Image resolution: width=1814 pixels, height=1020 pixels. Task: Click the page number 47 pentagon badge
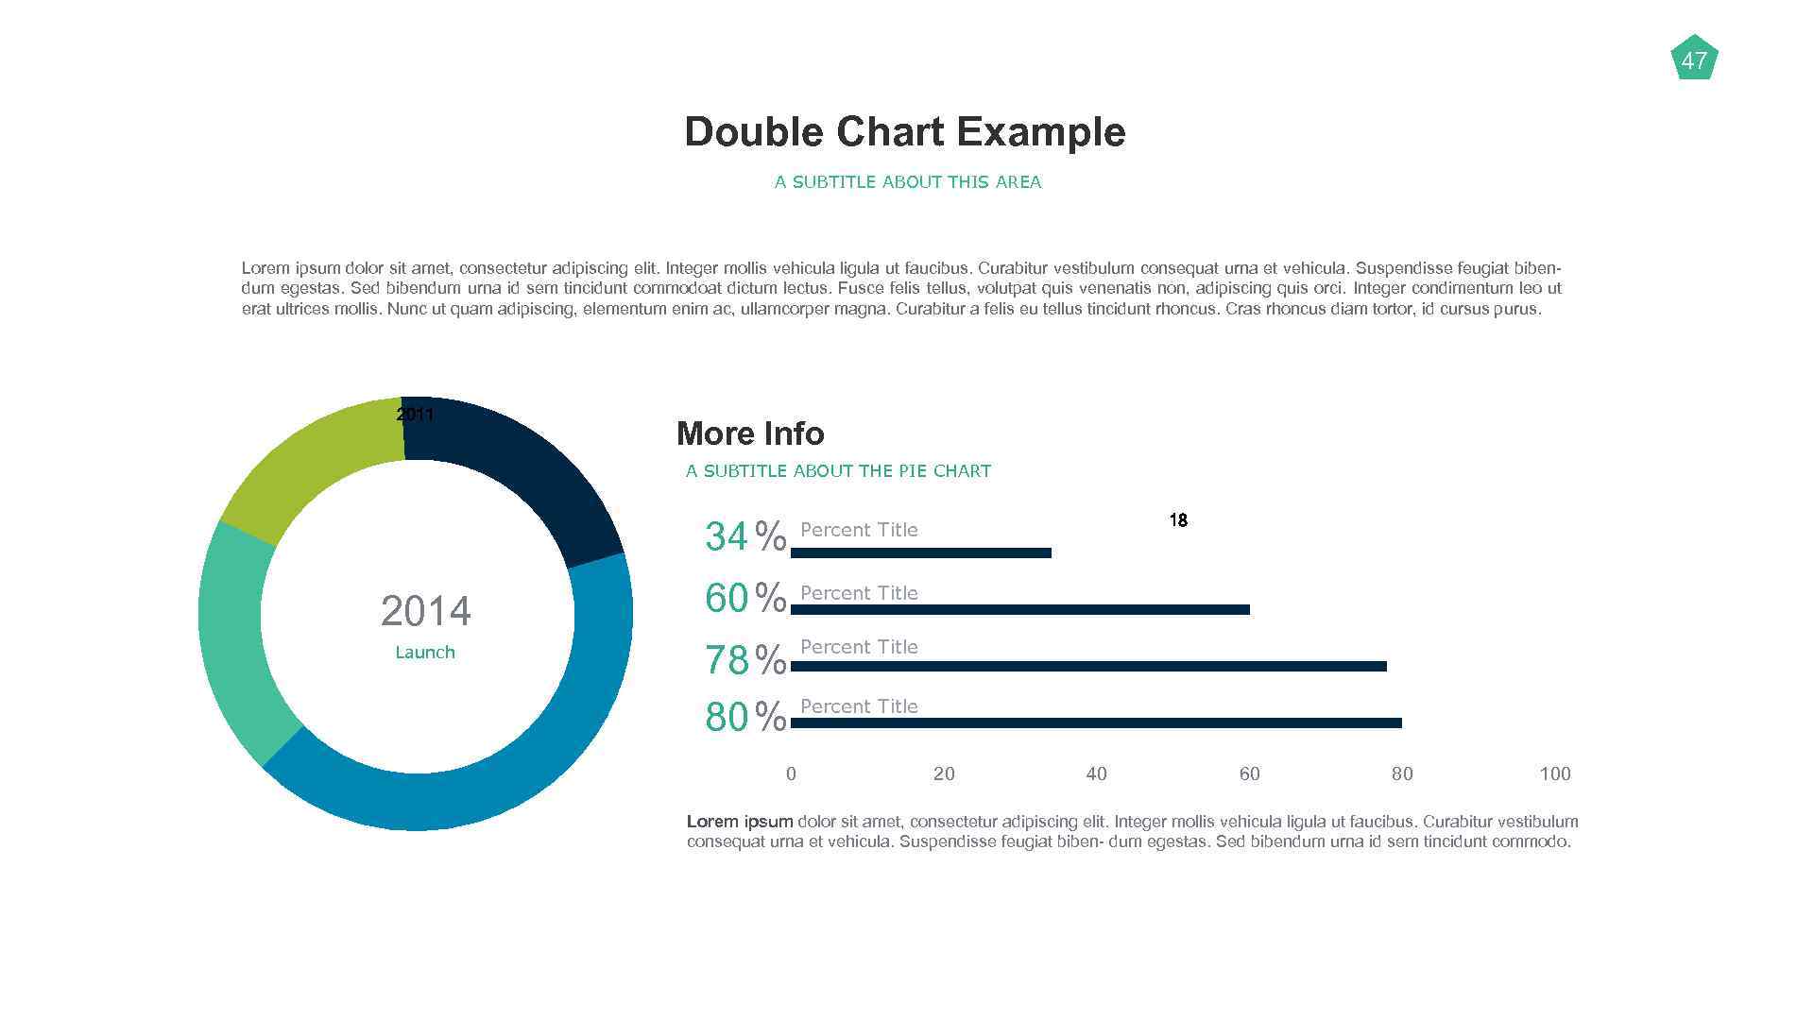(1694, 59)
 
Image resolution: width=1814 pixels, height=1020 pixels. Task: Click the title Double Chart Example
(904, 131)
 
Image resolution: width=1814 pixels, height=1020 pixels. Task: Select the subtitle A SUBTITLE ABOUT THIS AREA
(907, 181)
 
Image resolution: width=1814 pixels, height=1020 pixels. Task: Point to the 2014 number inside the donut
(425, 611)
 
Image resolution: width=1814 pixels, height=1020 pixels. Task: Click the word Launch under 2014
(425, 653)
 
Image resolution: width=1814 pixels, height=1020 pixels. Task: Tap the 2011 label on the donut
(415, 414)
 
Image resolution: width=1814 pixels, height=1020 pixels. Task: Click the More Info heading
(750, 433)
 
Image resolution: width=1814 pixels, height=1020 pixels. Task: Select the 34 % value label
(744, 536)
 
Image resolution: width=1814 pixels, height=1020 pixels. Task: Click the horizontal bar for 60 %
(1019, 609)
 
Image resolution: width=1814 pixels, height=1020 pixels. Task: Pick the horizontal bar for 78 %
(1087, 666)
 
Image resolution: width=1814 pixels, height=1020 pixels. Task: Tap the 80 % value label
(744, 717)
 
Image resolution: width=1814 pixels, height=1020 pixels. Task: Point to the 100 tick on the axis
(1554, 773)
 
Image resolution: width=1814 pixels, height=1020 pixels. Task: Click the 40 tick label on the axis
(1096, 773)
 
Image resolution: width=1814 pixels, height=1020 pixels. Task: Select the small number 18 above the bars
(1177, 520)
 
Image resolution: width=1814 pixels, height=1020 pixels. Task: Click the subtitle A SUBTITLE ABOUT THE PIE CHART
(838, 470)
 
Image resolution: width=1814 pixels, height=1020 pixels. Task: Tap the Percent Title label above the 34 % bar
(859, 530)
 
